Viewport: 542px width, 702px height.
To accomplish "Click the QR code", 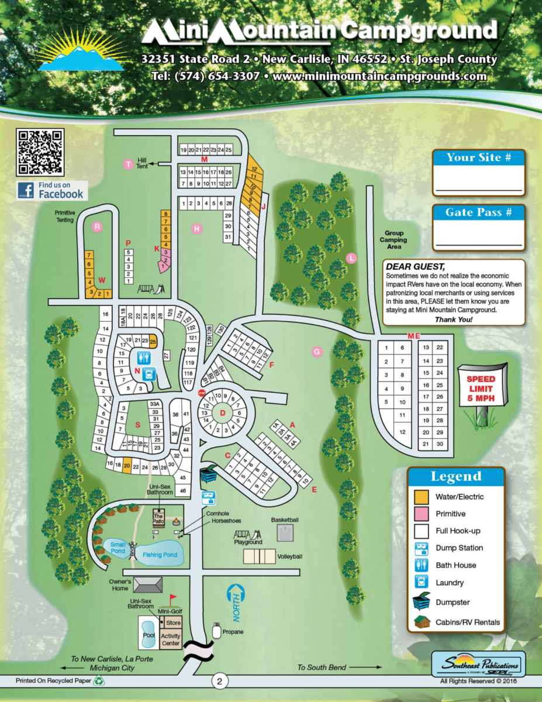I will click(x=40, y=152).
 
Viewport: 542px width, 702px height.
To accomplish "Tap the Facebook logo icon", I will click(x=26, y=190).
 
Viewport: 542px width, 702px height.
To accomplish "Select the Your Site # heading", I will click(x=479, y=157).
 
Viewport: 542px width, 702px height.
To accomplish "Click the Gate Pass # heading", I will click(x=479, y=212).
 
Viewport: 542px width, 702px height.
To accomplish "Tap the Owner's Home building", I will click(x=147, y=584).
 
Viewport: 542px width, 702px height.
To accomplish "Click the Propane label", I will click(x=232, y=632).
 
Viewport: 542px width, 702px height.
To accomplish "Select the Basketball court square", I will click(x=285, y=533).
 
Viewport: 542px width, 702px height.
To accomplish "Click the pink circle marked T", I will click(x=128, y=164).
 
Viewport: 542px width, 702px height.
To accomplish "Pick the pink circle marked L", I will click(x=351, y=257).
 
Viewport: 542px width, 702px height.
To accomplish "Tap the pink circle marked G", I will click(x=316, y=352).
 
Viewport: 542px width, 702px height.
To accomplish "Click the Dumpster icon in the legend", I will click(x=420, y=602).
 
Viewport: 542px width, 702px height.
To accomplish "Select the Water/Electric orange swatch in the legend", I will click(x=420, y=497).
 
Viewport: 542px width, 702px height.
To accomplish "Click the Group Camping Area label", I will click(x=393, y=240).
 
